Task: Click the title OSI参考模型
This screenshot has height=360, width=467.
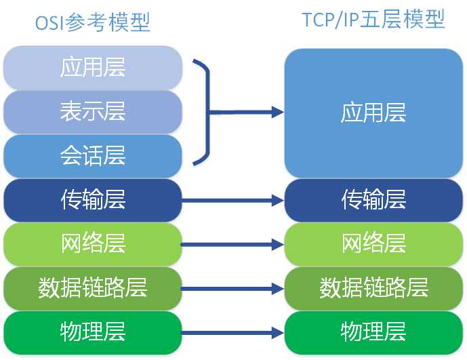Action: point(92,22)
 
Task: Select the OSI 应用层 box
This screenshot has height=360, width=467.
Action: point(93,68)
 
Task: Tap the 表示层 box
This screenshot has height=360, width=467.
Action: point(93,111)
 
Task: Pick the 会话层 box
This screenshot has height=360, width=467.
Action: point(93,156)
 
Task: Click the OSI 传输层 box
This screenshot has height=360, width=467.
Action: point(93,200)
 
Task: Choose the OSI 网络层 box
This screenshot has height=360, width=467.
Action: point(93,243)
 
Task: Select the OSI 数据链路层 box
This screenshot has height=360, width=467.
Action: point(93,288)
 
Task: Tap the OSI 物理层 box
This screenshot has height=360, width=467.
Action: point(93,332)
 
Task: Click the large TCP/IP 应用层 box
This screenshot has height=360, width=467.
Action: point(373,113)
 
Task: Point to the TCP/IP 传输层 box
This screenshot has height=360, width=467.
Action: point(373,200)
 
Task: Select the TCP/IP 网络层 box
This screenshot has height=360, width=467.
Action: point(373,243)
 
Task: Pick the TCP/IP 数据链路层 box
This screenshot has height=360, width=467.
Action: point(373,288)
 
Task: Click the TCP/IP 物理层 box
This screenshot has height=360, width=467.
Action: point(373,332)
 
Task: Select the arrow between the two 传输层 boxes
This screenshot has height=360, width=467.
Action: point(232,200)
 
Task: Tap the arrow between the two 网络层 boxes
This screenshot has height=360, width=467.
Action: point(232,244)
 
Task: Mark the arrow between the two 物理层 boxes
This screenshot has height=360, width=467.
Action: point(232,333)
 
